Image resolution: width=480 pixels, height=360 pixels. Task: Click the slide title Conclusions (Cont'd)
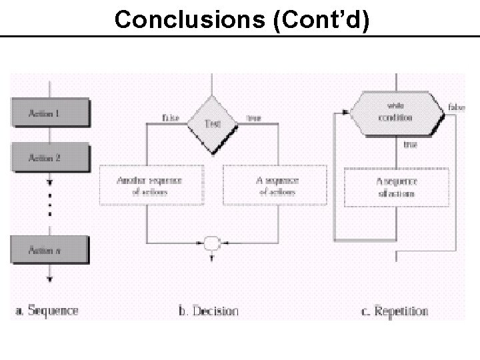click(x=241, y=20)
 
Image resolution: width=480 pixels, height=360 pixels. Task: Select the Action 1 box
click(x=49, y=113)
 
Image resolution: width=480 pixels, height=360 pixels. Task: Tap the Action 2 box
click(x=49, y=158)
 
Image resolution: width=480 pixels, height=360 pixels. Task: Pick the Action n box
click(x=49, y=249)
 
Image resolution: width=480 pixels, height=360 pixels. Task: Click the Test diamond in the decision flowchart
click(x=211, y=123)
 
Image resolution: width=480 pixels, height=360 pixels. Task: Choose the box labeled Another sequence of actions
click(x=149, y=186)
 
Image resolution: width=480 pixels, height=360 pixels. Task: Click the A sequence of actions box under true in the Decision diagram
click(x=275, y=186)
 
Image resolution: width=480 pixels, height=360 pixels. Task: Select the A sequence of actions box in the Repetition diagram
click(x=396, y=187)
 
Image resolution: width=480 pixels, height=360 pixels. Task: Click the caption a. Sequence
click(x=47, y=310)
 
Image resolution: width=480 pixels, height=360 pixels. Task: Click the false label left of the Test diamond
click(x=171, y=118)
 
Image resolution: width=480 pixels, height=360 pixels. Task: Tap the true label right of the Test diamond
click(x=253, y=118)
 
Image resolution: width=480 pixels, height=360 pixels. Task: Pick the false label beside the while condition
click(x=457, y=107)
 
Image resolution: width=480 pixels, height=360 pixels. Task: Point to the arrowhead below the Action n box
click(x=49, y=279)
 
